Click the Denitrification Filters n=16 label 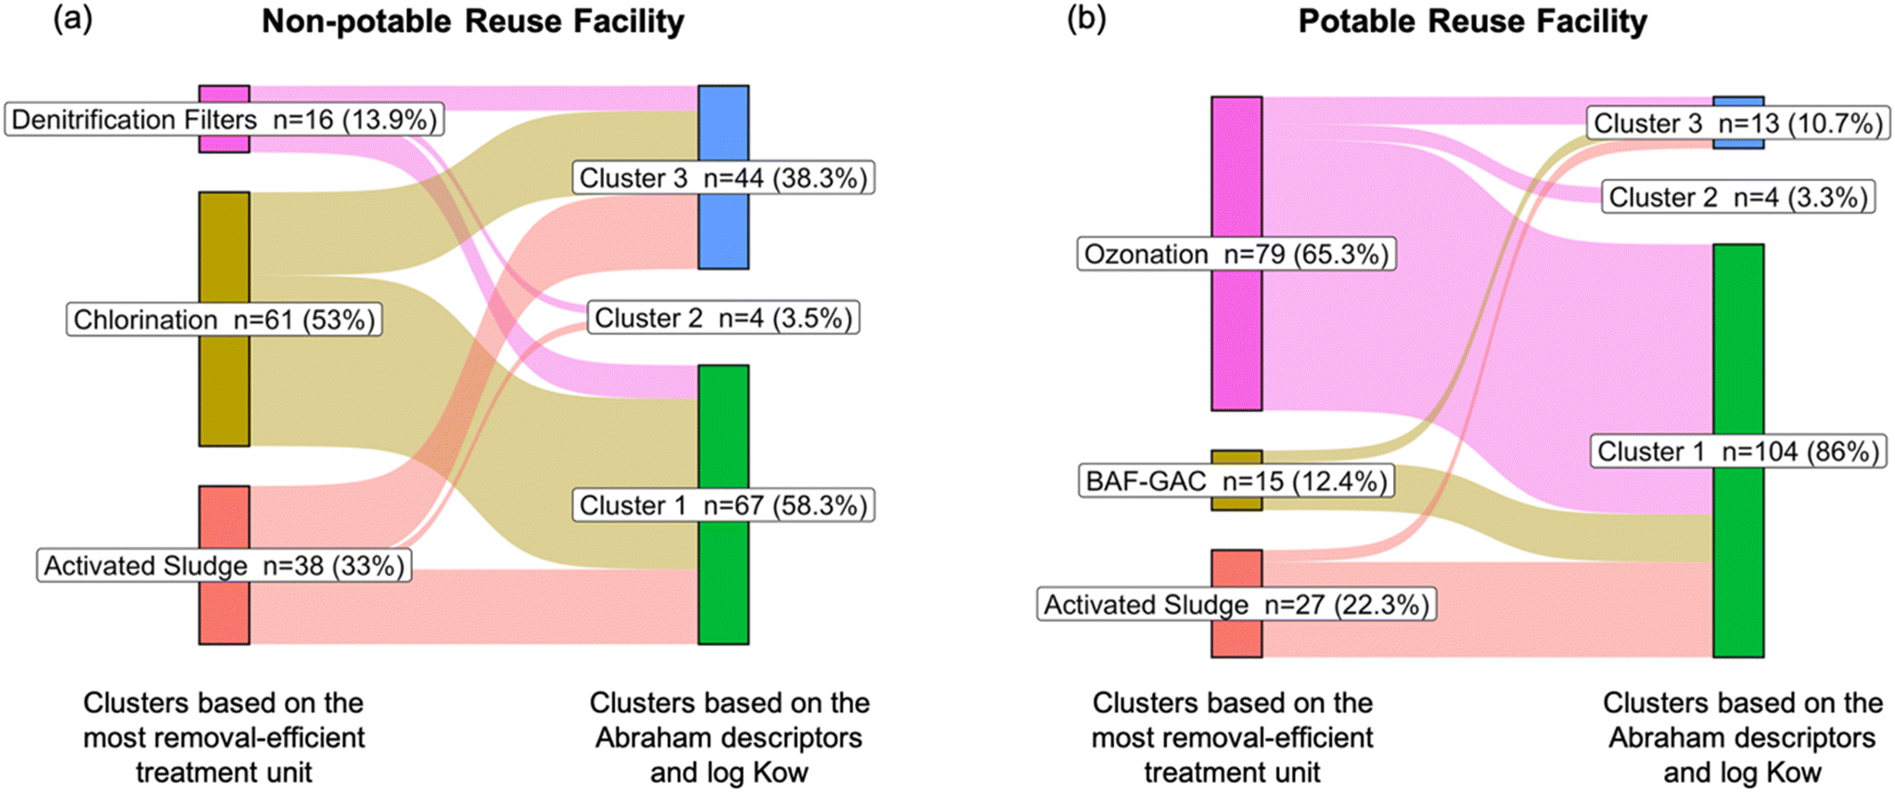[x=224, y=120]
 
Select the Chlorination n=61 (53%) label [x=224, y=320]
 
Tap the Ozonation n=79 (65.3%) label [x=1236, y=254]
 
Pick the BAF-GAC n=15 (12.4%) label [x=1236, y=481]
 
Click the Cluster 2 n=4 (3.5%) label [x=723, y=318]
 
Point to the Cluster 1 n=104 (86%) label [x=1738, y=452]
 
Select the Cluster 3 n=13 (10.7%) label [x=1737, y=123]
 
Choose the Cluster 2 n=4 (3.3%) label [x=1738, y=198]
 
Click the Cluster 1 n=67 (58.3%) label [x=723, y=505]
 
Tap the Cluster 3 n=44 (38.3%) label [x=723, y=177]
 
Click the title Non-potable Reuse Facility [x=473, y=21]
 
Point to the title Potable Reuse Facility [x=1473, y=21]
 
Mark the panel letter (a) [x=73, y=19]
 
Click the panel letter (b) [x=1086, y=19]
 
